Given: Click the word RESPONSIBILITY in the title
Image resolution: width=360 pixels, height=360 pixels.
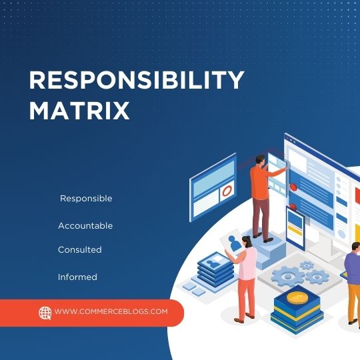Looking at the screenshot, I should [x=137, y=81].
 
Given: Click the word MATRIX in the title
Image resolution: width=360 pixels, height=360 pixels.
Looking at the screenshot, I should [x=79, y=110].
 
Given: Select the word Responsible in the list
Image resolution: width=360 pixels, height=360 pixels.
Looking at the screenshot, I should [x=86, y=199].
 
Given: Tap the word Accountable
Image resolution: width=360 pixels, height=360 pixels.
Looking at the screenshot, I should [x=85, y=226].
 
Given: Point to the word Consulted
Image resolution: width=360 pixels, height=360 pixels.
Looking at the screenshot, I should [x=79, y=249].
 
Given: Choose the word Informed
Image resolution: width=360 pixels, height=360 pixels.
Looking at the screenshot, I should [x=77, y=277].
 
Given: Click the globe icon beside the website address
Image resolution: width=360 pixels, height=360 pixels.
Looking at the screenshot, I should [x=45, y=312].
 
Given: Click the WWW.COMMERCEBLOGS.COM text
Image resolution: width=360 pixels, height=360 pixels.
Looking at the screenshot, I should [x=111, y=311].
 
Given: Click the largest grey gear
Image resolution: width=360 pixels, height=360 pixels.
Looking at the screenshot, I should [x=287, y=275].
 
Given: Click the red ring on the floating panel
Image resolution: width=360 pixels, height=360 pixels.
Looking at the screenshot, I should [x=227, y=191].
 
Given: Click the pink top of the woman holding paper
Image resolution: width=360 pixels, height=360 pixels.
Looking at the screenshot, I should [x=247, y=263].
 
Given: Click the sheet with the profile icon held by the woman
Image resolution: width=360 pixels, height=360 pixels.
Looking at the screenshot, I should [x=234, y=244].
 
